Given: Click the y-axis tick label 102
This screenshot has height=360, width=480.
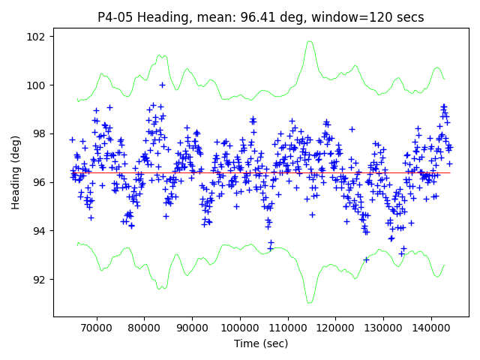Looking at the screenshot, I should pos(37,37).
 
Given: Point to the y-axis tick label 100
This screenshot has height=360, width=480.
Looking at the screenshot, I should pos(37,85).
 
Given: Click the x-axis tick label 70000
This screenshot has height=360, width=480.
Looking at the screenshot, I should pos(96,328).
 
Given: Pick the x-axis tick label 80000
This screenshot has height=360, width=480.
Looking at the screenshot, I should pos(144,328).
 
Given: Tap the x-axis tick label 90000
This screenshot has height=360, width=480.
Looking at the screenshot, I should pos(192,328).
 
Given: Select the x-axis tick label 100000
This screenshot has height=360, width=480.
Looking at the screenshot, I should pos(239,328).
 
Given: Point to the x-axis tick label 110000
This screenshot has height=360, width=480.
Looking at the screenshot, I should pos(287,328).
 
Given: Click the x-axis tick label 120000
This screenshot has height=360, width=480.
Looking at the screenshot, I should pos(335,328).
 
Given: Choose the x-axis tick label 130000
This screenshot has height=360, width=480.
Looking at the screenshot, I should pos(383,328).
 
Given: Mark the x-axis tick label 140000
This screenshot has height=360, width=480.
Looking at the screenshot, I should pos(431,328).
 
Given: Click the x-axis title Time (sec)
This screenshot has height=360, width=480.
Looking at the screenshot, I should pos(261,343).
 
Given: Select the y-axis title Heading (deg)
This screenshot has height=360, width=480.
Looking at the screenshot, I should pos(16,172).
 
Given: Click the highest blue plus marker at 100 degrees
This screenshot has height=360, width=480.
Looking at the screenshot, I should pos(162,85).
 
